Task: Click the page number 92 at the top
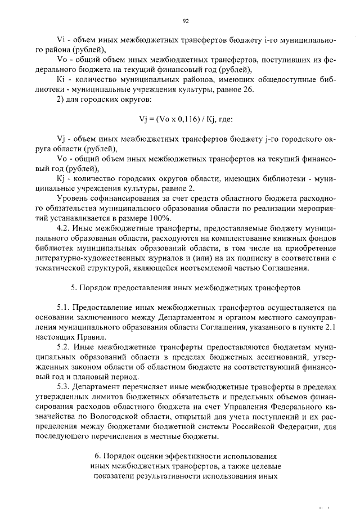point(185,21)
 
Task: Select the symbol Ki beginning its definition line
point(62,79)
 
